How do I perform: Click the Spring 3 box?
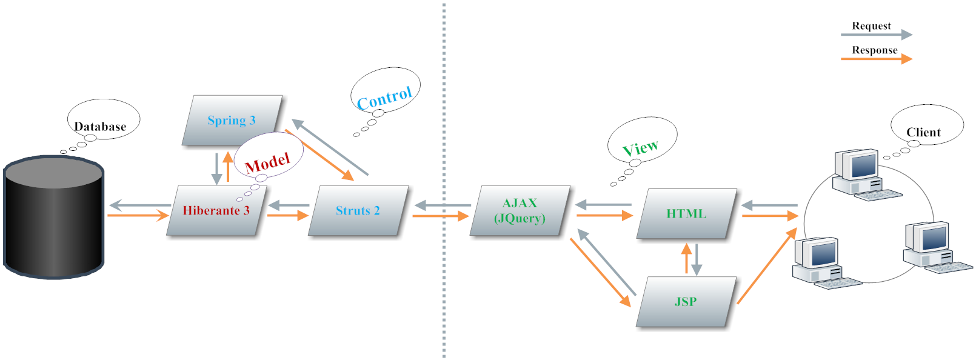click(x=232, y=120)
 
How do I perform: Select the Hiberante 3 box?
click(x=216, y=210)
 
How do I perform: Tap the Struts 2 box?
click(x=358, y=210)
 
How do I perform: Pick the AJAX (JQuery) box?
click(x=520, y=210)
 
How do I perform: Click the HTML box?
click(x=686, y=213)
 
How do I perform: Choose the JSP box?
click(x=686, y=302)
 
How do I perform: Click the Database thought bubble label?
click(x=101, y=126)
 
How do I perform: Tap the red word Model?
click(x=267, y=162)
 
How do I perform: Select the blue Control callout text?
click(x=384, y=98)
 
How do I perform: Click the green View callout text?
click(x=640, y=147)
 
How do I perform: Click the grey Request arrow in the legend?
click(x=876, y=35)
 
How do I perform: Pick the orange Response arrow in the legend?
click(x=876, y=59)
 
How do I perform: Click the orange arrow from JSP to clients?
click(x=767, y=267)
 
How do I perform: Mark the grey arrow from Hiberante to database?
click(x=139, y=205)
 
